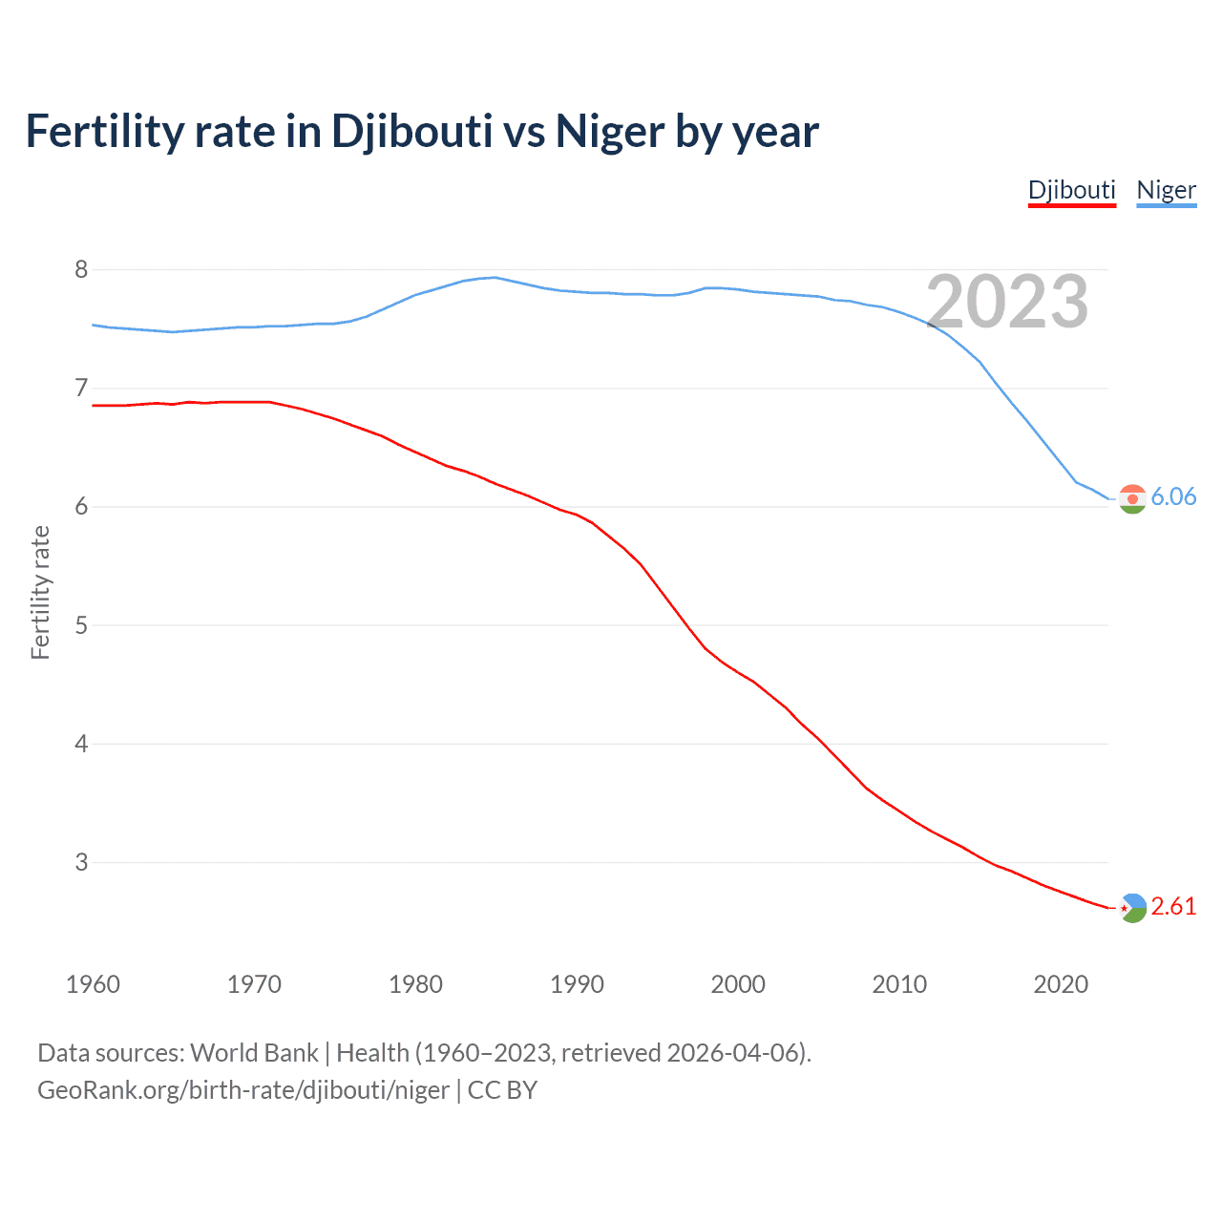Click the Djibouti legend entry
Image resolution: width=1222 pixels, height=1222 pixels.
pos(1071,190)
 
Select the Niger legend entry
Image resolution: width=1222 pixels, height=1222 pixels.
pos(1166,190)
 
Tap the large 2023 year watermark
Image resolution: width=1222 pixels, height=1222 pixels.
pos(1007,302)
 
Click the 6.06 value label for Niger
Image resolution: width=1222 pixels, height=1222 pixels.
pos(1173,496)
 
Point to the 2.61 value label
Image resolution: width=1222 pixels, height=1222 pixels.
pos(1173,906)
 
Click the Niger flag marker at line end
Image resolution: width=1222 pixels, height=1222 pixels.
pos(1132,498)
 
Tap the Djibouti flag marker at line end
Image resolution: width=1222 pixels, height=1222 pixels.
pos(1132,908)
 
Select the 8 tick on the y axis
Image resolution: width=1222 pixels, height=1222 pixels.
pos(81,270)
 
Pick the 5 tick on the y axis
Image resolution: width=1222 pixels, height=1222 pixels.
pos(81,625)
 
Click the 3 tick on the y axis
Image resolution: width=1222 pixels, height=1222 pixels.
pos(81,862)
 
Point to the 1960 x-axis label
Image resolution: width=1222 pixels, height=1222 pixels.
pos(93,984)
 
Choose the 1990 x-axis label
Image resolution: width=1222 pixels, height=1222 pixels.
pos(577,984)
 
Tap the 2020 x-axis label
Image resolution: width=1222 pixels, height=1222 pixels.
pos(1061,984)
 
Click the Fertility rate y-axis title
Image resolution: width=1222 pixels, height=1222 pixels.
pos(40,592)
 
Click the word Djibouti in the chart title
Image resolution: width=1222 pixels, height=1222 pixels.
pos(412,132)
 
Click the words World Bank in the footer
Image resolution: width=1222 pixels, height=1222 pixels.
pos(254,1053)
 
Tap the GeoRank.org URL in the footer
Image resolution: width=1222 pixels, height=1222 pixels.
pos(243,1090)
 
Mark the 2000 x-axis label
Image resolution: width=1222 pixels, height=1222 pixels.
pos(738,984)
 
